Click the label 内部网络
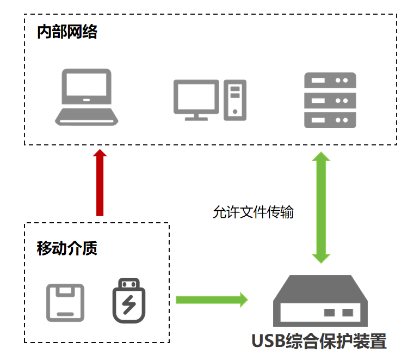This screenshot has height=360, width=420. click(x=67, y=32)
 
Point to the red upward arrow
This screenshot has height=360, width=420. click(x=100, y=182)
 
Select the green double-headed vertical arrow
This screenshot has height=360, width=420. click(x=320, y=208)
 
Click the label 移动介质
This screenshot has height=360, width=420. click(x=67, y=248)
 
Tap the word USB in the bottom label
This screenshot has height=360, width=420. click(x=270, y=341)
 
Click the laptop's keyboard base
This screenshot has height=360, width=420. click(x=87, y=116)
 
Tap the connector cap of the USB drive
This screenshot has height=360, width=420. click(x=129, y=283)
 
